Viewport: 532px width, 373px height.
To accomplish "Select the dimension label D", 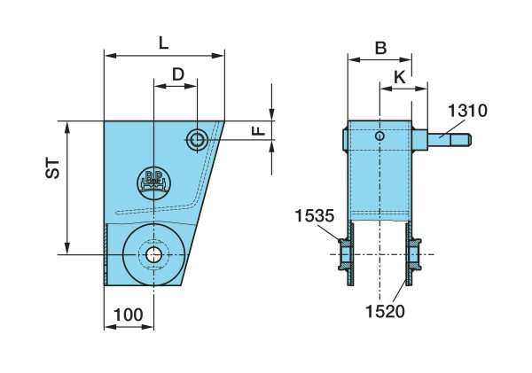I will click(178, 74).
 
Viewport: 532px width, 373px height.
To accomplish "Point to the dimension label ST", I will click(53, 169).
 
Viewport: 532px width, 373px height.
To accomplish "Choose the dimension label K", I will click(400, 78).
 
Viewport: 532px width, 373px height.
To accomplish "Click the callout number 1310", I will click(466, 111).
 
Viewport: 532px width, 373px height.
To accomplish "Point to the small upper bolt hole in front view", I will click(197, 138).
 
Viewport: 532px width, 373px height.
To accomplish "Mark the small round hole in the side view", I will click(380, 136).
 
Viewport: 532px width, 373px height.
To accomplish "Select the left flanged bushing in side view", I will click(346, 255).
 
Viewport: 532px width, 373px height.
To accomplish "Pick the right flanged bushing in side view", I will click(414, 255).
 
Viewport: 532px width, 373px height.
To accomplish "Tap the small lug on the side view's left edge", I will click(343, 137).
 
